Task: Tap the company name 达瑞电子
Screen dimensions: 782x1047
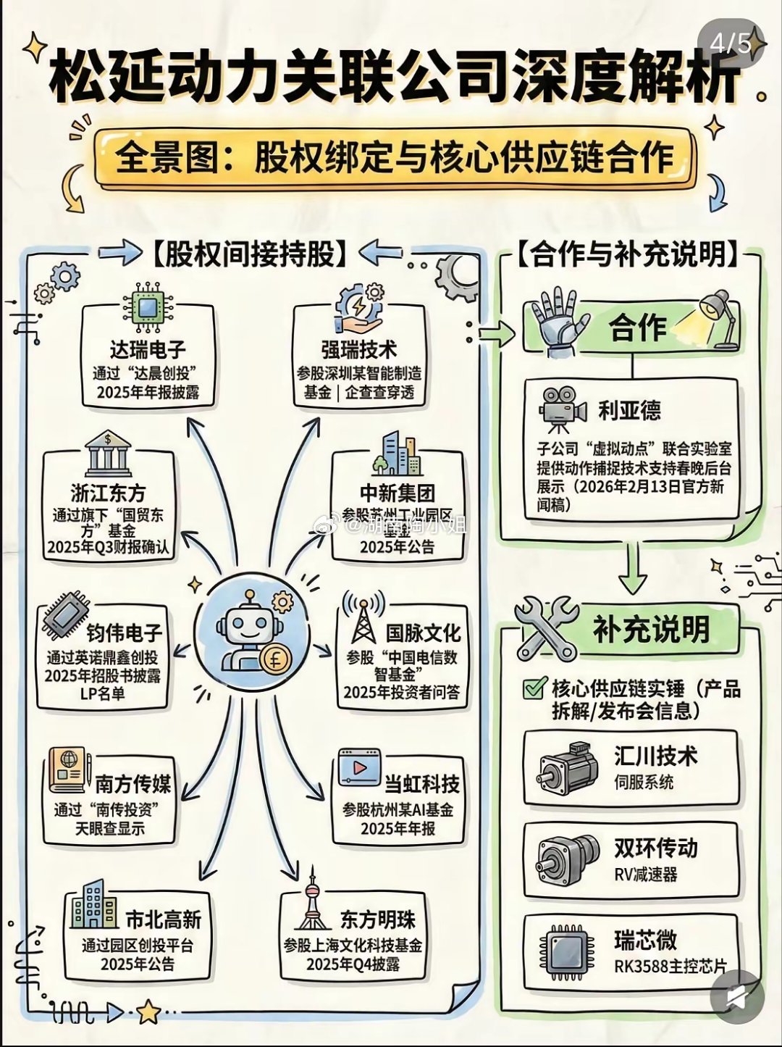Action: tap(148, 350)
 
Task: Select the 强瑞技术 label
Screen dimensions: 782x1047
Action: tap(359, 350)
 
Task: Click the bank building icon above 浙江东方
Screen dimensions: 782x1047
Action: tap(108, 454)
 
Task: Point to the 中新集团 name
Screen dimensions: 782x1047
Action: tap(398, 493)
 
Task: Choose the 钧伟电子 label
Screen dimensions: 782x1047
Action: tap(124, 633)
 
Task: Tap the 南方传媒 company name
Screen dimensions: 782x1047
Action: tap(133, 784)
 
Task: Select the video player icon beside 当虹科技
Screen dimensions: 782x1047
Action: tap(359, 768)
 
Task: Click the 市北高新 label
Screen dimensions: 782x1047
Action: tap(164, 920)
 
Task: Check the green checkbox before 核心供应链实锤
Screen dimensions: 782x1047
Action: tap(534, 688)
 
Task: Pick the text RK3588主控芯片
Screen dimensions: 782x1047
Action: tap(670, 966)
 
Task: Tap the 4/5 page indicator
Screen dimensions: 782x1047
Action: tap(730, 43)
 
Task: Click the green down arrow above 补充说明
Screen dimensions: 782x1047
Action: tap(633, 569)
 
